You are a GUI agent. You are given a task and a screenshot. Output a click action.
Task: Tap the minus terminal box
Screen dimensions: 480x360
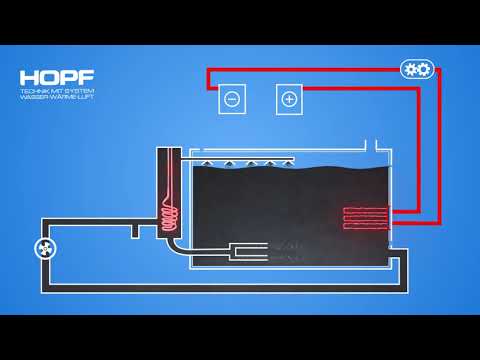pos(231,99)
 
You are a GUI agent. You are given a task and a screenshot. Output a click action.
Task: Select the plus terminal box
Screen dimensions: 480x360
pos(289,99)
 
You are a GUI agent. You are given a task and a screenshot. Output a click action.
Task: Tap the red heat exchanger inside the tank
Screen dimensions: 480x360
pos(366,218)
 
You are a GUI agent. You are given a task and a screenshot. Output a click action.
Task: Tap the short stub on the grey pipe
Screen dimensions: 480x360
pos(132,231)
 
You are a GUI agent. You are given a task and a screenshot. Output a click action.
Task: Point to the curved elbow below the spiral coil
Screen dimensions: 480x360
pos(177,243)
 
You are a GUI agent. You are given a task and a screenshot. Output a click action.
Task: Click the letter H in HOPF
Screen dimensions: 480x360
pos(28,77)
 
